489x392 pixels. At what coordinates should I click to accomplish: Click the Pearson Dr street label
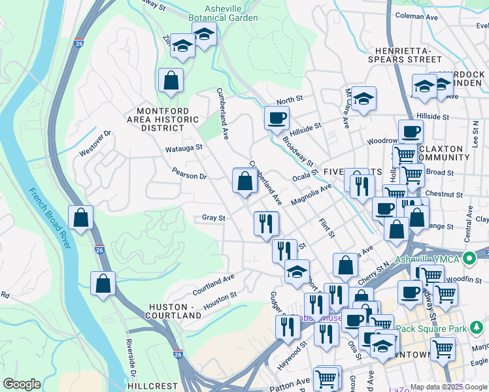[189, 176]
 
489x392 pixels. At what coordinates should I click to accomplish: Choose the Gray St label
[213, 218]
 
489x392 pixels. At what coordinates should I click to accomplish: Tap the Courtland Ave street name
[213, 282]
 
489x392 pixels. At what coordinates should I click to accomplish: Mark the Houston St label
[220, 301]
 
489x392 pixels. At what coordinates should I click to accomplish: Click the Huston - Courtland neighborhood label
[175, 311]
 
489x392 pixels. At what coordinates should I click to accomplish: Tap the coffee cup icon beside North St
[277, 118]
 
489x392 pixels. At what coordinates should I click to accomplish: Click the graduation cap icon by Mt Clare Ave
[363, 99]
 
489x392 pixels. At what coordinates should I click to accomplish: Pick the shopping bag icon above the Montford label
[171, 80]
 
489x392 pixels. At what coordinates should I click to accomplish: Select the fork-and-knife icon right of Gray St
[266, 223]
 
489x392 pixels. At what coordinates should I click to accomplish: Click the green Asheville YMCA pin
[468, 258]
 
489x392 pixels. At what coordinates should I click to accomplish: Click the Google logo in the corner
[22, 384]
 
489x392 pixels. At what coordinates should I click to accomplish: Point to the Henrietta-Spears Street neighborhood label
[408, 55]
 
